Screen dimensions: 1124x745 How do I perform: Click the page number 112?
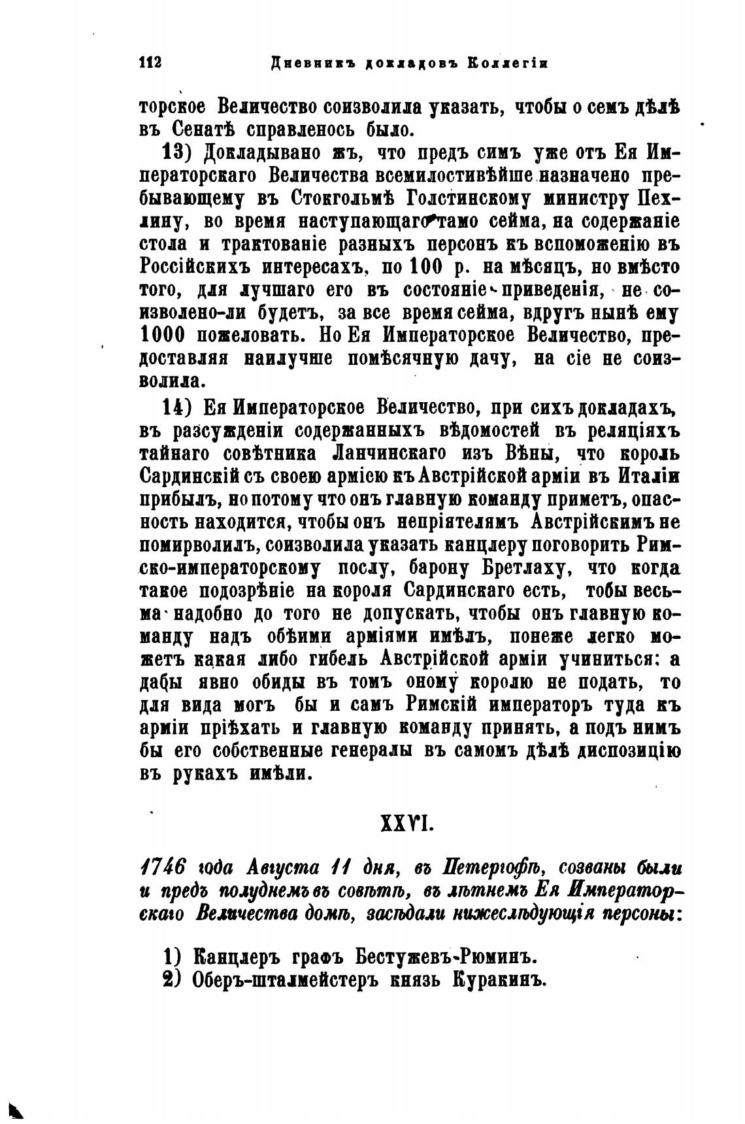(150, 63)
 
